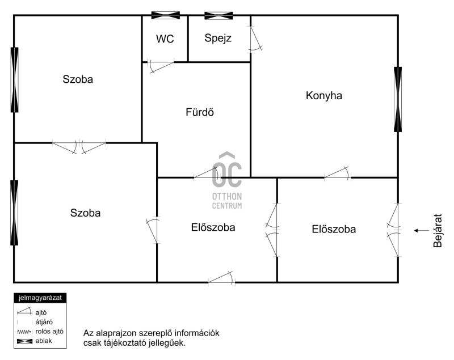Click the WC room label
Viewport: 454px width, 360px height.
pos(165,39)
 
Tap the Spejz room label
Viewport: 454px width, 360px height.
pos(218,38)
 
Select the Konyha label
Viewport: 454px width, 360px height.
pos(323,95)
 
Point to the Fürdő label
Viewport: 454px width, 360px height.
pos(200,112)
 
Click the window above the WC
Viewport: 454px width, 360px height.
pos(166,15)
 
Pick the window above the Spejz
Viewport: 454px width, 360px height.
pos(218,16)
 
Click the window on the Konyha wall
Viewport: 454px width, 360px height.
pos(398,99)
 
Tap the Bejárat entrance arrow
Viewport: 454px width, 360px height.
pos(422,231)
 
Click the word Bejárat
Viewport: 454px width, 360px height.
pos(438,231)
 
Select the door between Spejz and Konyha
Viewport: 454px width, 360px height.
pos(255,39)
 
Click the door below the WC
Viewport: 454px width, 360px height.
pos(161,66)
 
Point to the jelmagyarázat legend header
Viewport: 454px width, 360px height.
pos(40,298)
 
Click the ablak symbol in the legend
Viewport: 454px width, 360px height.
pos(24,341)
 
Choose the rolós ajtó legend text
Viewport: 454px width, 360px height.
pos(49,332)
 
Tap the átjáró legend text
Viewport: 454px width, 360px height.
pos(44,322)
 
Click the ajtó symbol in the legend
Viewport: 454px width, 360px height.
pos(24,311)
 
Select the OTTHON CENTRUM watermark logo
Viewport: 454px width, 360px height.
pos(227,180)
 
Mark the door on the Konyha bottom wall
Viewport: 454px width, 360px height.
pos(337,173)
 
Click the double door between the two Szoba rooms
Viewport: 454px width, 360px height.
pos(79,146)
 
